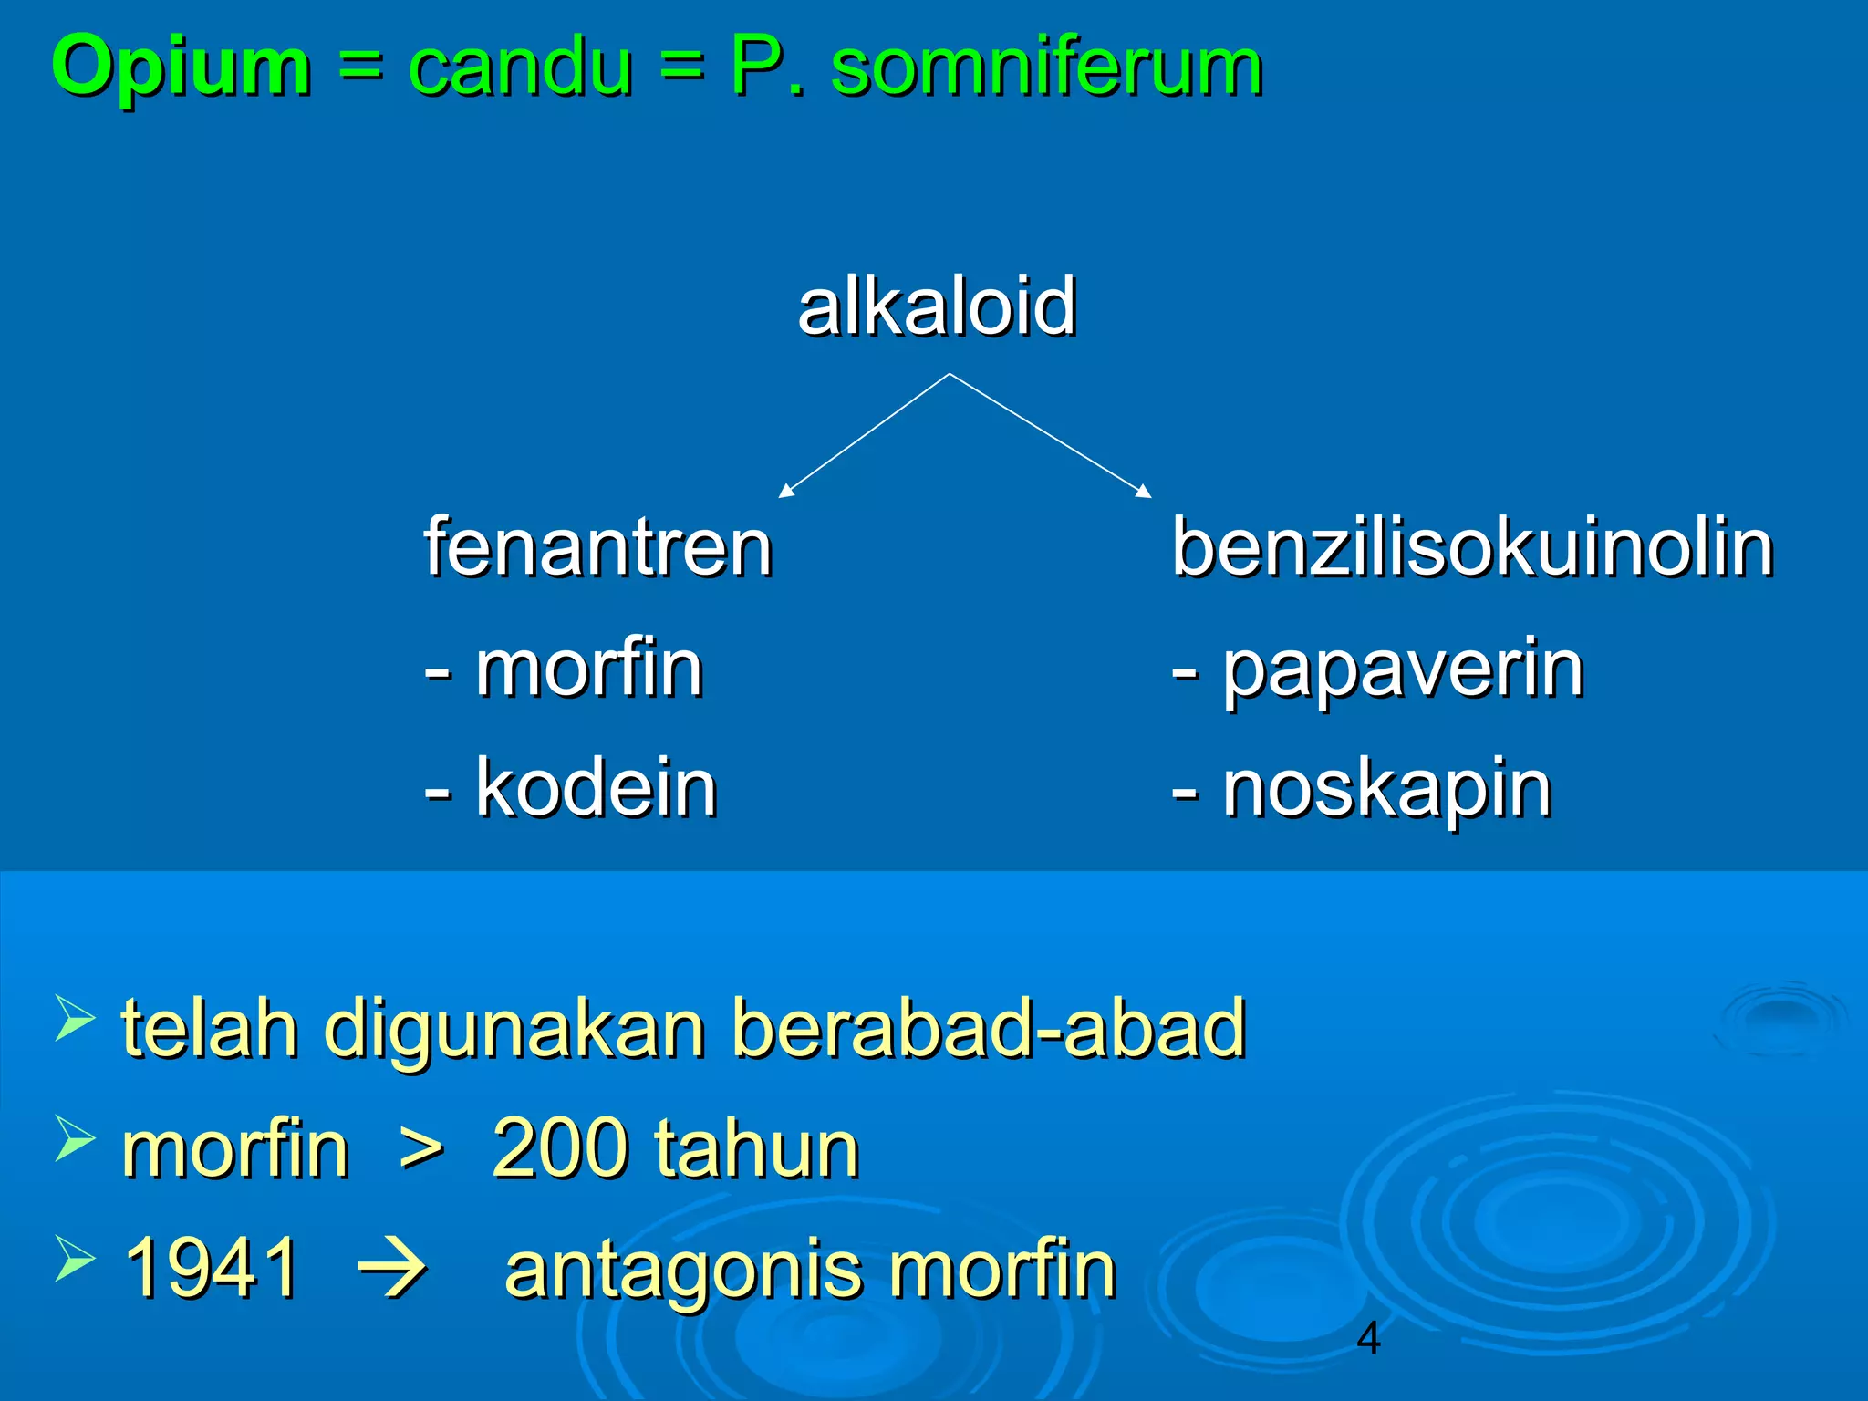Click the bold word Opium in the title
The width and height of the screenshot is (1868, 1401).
[181, 67]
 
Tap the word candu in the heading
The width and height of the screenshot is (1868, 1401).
[519, 67]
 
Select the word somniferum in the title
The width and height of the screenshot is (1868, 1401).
[1046, 67]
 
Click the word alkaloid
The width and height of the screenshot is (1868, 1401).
[937, 306]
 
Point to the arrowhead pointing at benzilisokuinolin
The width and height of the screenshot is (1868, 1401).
[1145, 493]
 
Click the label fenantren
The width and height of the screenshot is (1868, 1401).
[598, 547]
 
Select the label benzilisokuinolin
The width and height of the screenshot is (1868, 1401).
[1472, 547]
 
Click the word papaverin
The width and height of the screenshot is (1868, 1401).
[1402, 670]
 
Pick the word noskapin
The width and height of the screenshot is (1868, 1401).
[1386, 790]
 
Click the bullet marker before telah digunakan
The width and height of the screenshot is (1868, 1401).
[75, 1018]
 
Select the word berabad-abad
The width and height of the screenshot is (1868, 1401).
[989, 1028]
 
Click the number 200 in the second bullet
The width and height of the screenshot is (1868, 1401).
[557, 1148]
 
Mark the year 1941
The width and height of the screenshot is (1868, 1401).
[211, 1268]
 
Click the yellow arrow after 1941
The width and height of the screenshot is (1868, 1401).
[392, 1269]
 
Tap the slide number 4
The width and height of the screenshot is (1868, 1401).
[1368, 1338]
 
